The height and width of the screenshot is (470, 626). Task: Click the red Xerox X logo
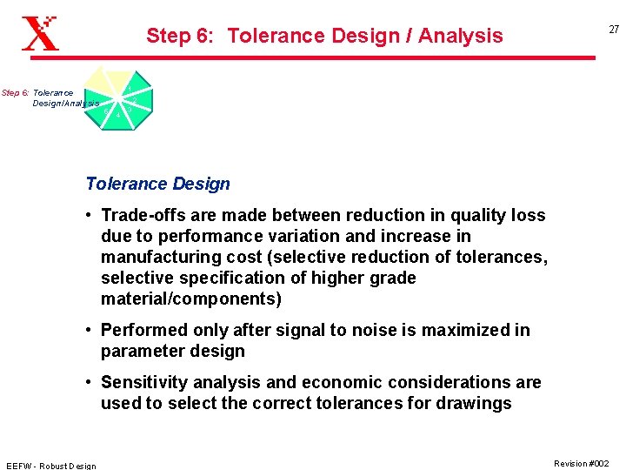(40, 34)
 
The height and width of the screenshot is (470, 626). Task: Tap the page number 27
(614, 30)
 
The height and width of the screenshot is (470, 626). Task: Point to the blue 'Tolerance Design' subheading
(157, 184)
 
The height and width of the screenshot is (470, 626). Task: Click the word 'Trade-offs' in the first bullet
(142, 215)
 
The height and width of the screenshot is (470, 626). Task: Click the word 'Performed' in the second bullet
(142, 330)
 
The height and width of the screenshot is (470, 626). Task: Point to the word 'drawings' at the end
(476, 403)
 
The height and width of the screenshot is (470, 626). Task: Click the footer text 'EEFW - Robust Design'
(51, 466)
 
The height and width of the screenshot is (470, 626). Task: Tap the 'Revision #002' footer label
(582, 464)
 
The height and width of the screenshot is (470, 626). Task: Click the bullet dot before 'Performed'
(90, 330)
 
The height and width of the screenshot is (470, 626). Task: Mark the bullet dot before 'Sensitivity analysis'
(90, 382)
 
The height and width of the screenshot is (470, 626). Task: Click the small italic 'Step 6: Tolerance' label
(37, 93)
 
